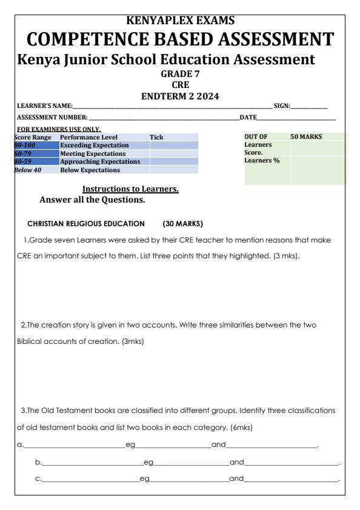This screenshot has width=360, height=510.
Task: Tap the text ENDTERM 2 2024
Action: [x=179, y=96]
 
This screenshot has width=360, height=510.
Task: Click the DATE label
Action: [x=248, y=116]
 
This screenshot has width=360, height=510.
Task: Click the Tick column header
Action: [x=156, y=138]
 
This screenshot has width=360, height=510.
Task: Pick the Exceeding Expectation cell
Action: [x=95, y=146]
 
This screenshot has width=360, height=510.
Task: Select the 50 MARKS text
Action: [x=307, y=138]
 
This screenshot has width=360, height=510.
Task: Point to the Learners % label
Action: [x=262, y=160]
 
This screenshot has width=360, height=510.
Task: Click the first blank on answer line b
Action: [x=91, y=463]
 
